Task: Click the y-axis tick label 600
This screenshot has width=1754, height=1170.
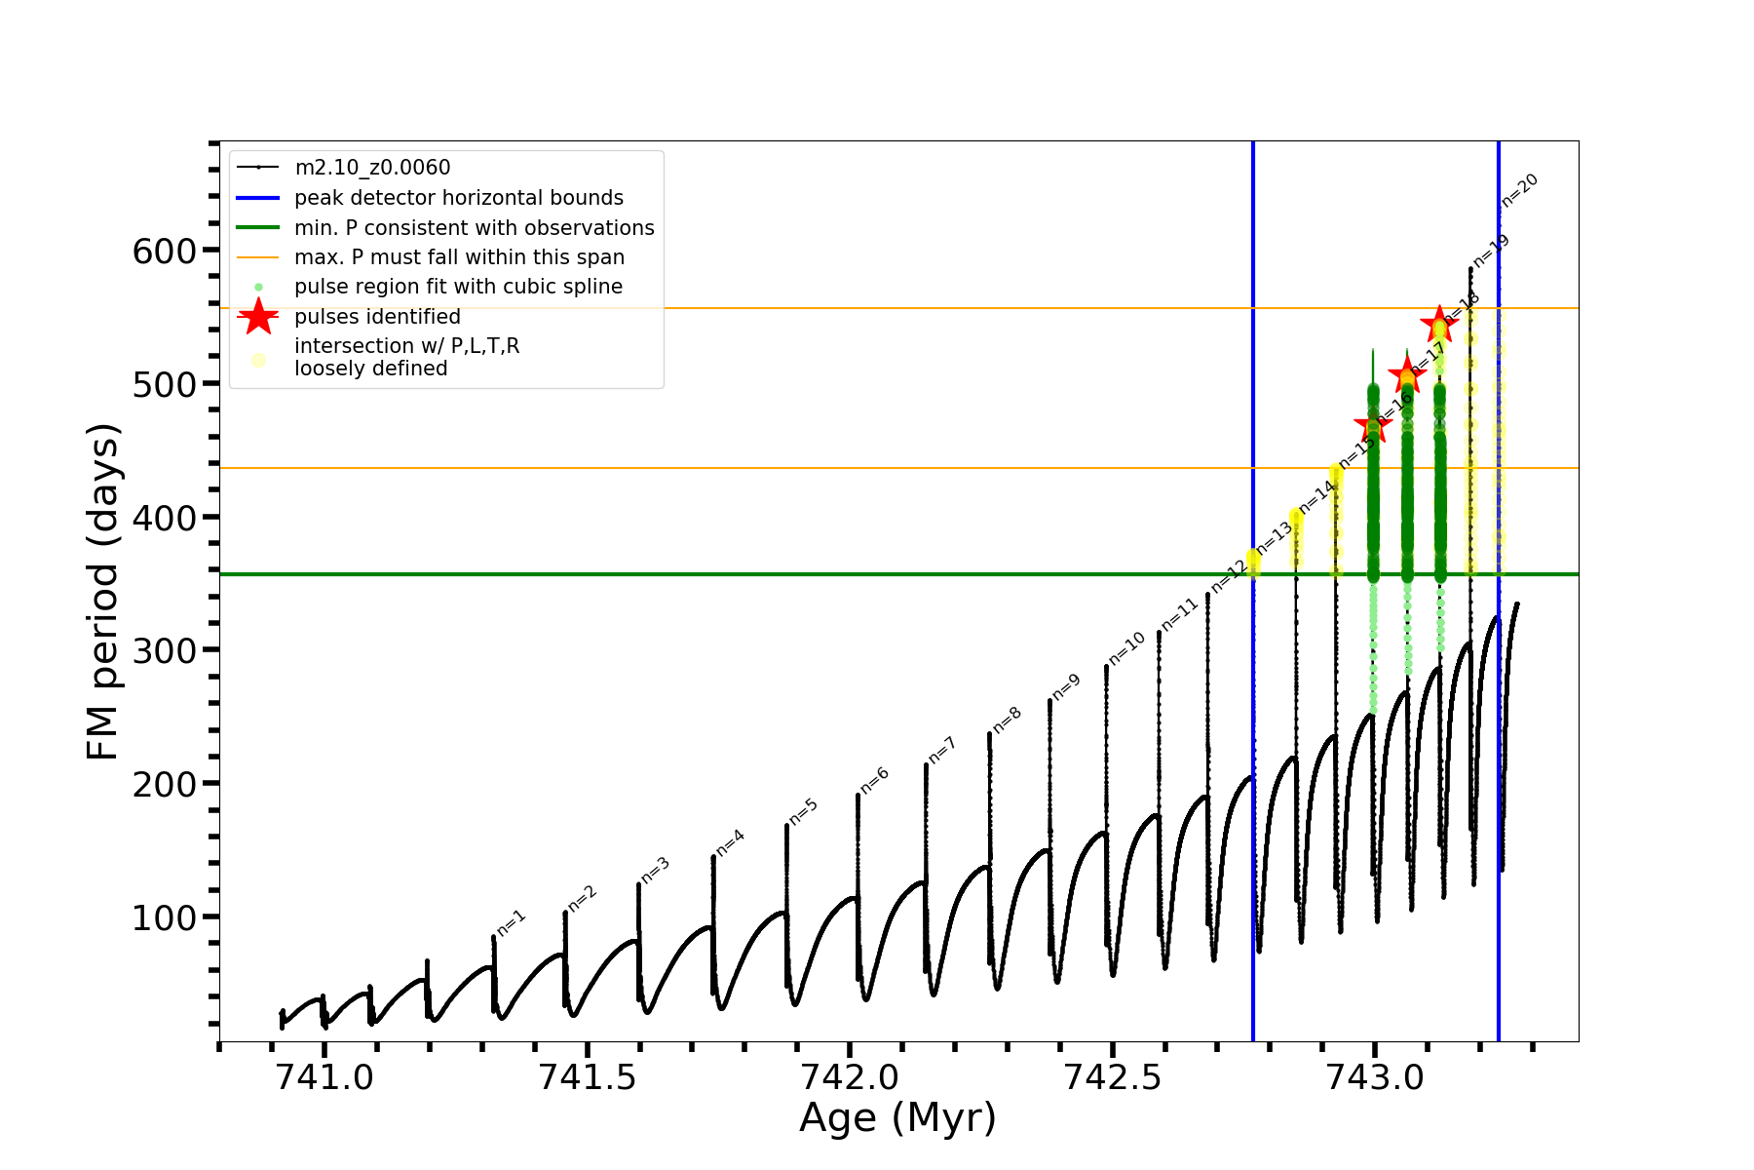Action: click(164, 252)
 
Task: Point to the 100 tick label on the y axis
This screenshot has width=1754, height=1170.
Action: click(164, 917)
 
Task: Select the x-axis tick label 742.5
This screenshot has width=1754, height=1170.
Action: click(1111, 1077)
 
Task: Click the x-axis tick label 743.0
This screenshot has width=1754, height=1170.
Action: click(1374, 1077)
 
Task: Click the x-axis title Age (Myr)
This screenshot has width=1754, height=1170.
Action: click(897, 1118)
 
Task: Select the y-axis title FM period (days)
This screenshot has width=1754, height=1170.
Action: click(102, 592)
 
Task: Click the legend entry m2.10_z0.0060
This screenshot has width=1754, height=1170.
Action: click(372, 168)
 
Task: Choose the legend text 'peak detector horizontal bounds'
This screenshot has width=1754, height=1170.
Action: click(458, 198)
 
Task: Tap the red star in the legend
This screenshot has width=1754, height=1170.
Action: click(258, 316)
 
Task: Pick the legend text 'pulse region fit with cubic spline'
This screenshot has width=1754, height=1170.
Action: click(458, 287)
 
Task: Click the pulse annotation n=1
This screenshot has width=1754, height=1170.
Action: click(512, 922)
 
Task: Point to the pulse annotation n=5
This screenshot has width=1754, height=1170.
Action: click(804, 811)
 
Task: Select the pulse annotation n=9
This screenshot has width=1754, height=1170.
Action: click(1066, 686)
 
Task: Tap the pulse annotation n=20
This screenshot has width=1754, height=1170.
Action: click(1519, 189)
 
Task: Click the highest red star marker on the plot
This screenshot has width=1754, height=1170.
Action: click(1438, 324)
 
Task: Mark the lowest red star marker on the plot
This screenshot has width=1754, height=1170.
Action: click(1373, 425)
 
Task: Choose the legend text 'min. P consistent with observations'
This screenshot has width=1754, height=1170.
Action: click(474, 228)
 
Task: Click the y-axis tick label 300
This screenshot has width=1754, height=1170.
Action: click(164, 651)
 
